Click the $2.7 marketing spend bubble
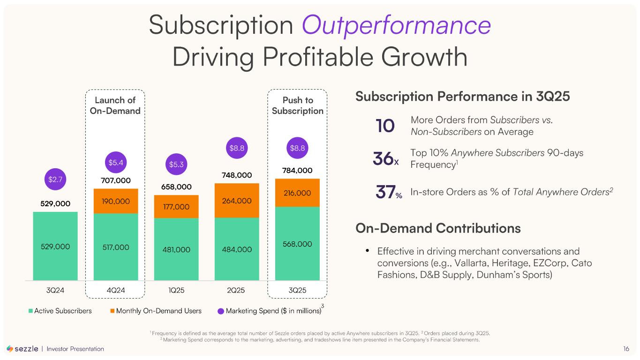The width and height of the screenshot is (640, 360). click(x=55, y=179)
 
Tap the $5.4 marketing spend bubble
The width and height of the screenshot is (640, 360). click(x=115, y=162)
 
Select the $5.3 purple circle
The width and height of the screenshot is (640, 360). click(x=176, y=164)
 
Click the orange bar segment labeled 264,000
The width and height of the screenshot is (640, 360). click(x=237, y=200)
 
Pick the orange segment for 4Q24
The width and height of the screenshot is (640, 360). click(x=115, y=201)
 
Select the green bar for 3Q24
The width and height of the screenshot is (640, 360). click(x=55, y=246)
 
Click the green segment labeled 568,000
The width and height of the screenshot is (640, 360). click(x=297, y=243)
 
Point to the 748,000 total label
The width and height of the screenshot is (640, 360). click(x=237, y=175)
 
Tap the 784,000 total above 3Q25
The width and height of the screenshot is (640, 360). click(x=297, y=170)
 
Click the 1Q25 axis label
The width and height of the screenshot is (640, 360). click(x=176, y=290)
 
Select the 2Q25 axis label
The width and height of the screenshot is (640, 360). click(x=236, y=290)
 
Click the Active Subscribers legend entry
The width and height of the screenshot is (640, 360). click(x=60, y=310)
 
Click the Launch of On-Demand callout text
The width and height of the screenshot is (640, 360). click(x=115, y=105)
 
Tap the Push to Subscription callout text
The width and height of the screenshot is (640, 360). click(x=297, y=105)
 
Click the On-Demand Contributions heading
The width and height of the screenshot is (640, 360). click(x=438, y=228)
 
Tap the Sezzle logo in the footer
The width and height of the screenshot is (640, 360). click(x=22, y=349)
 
